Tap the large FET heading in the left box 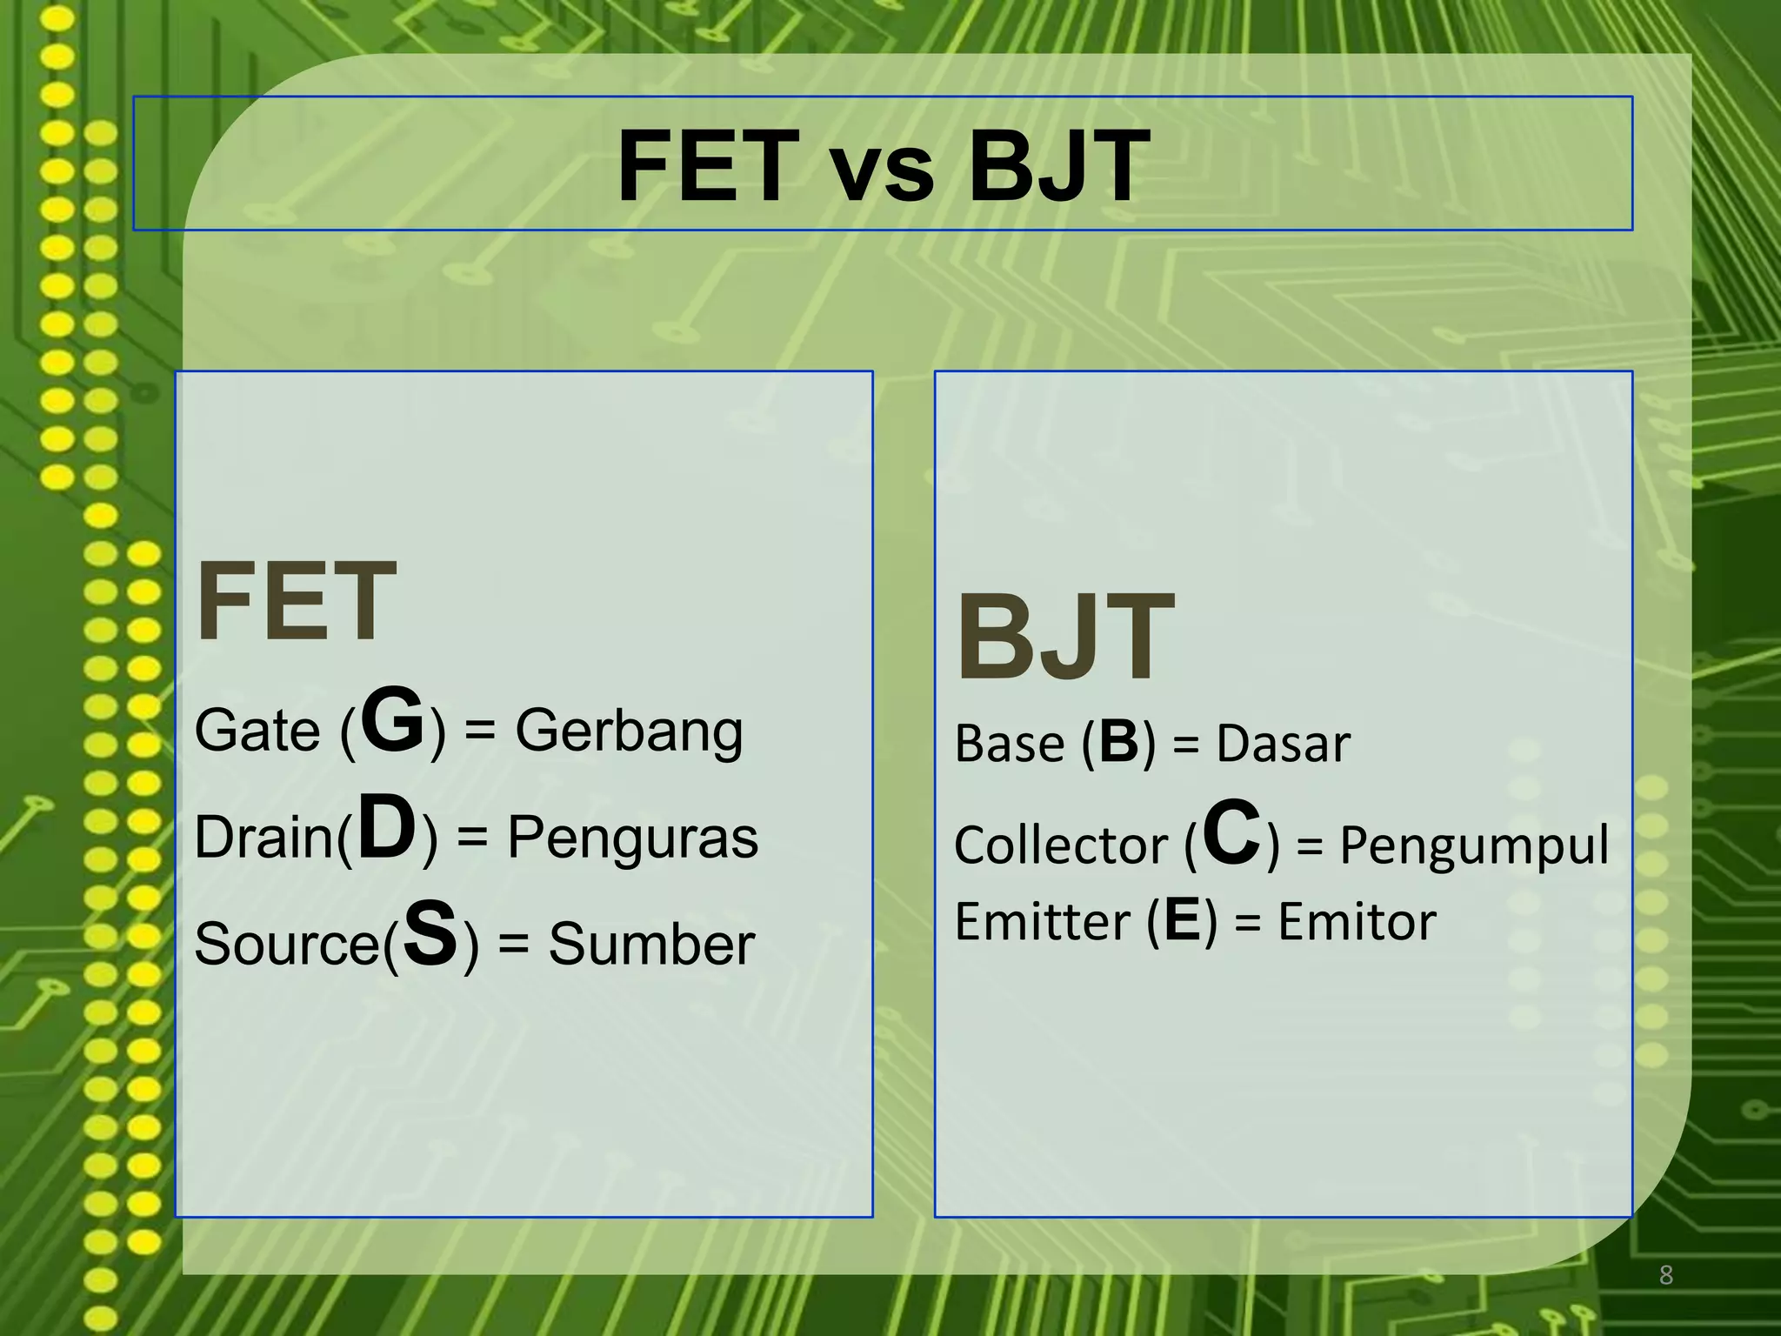[x=297, y=602]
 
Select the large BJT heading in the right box [x=1066, y=638]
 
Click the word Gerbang [x=629, y=731]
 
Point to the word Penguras [x=632, y=838]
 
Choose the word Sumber [x=651, y=945]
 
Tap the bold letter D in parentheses [x=387, y=829]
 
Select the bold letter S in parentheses [x=430, y=935]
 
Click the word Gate [x=257, y=731]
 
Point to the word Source [x=287, y=945]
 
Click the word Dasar [x=1283, y=745]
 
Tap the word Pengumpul [x=1474, y=845]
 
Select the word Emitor [x=1357, y=922]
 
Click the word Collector [x=1061, y=845]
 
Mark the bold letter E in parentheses [x=1182, y=920]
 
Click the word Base [x=1009, y=745]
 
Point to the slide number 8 [x=1665, y=1275]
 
